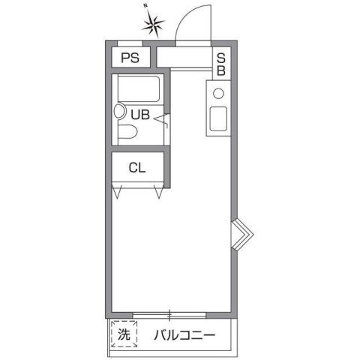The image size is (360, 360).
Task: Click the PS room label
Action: click(130, 58)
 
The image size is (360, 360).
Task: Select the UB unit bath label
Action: click(140, 115)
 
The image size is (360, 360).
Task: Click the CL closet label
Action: click(136, 167)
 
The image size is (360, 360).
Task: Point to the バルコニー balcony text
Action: click(185, 334)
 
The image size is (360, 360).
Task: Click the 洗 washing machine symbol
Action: click(123, 334)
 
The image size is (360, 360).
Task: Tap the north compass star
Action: click(154, 26)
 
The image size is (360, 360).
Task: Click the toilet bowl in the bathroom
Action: click(127, 133)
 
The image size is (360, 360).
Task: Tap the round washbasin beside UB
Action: click(119, 112)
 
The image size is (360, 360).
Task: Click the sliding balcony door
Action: click(169, 311)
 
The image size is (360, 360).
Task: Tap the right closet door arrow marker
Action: click(159, 192)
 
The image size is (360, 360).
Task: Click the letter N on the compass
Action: click(145, 7)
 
